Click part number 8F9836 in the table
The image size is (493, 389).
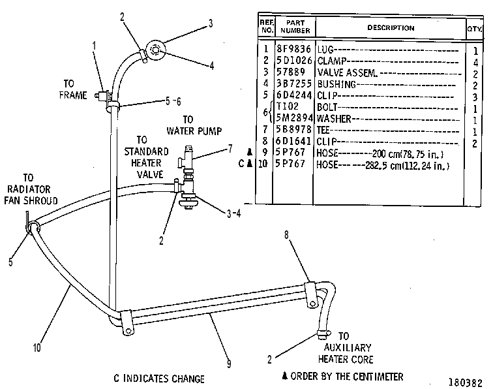click(x=293, y=49)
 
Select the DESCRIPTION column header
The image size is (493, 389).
click(x=391, y=28)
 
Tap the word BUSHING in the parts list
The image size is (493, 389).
click(x=336, y=84)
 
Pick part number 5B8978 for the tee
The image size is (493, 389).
click(x=293, y=130)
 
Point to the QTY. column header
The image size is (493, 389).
click(x=475, y=29)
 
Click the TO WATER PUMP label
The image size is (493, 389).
click(x=194, y=125)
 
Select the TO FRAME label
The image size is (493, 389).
click(x=73, y=89)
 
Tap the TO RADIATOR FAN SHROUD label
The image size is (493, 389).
click(x=31, y=189)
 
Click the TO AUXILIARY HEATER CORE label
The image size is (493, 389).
click(x=346, y=348)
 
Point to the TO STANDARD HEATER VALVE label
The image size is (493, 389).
click(x=147, y=157)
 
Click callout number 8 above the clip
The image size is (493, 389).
click(x=286, y=235)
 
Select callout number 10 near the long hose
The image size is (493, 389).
click(x=37, y=348)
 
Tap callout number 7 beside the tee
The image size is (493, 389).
click(x=230, y=149)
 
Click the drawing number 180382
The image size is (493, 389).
click(x=465, y=382)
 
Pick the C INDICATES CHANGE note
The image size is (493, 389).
click(x=159, y=379)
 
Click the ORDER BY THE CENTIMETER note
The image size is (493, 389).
click(x=343, y=377)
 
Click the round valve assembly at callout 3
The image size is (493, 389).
click(x=157, y=50)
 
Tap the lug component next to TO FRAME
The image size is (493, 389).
click(x=102, y=96)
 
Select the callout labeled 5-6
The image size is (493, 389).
click(x=173, y=101)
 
